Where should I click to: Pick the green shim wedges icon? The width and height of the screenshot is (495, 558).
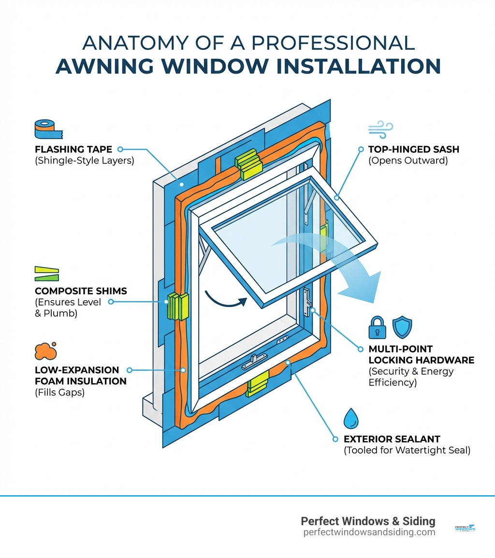(46, 274)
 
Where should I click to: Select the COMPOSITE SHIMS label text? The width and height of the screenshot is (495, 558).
(81, 291)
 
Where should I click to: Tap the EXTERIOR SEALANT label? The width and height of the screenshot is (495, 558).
(392, 439)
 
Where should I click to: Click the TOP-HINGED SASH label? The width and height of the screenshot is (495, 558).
(413, 149)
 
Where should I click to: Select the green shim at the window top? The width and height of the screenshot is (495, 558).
(248, 166)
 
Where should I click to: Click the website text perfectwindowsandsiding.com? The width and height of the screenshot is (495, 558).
(369, 532)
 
